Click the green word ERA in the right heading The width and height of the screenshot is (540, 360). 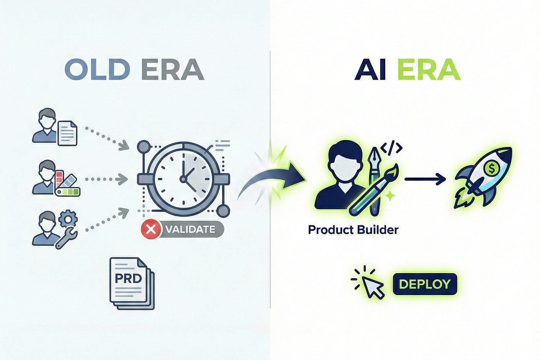[x=428, y=70]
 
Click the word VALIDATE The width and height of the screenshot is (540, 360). [x=190, y=230]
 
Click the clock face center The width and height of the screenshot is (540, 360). [x=183, y=179]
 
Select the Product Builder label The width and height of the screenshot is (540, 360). [x=353, y=230]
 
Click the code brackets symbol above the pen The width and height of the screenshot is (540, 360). [x=391, y=147]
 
